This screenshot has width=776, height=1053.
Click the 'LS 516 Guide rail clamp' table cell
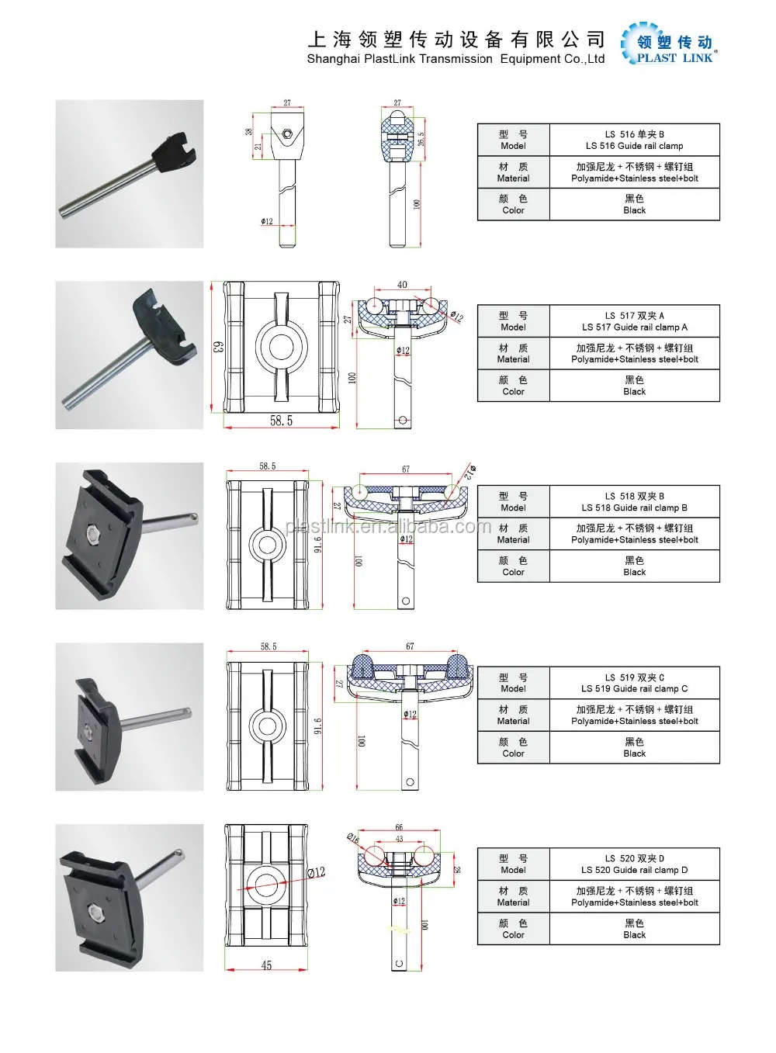click(634, 140)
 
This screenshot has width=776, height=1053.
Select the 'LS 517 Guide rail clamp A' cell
click(634, 321)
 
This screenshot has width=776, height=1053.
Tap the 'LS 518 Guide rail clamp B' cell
click(634, 502)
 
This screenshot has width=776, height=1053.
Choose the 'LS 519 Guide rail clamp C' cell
click(634, 683)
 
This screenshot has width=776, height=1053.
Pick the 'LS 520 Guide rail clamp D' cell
click(634, 864)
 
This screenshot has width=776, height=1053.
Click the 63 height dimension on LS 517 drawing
click(218, 347)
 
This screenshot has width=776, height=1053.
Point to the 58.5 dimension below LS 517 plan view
click(281, 421)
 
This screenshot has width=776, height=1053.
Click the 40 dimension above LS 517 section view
click(402, 285)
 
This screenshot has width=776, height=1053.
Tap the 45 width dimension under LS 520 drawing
click(266, 965)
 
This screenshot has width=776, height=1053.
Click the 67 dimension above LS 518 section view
click(406, 469)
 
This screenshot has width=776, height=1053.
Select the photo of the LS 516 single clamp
click(129, 174)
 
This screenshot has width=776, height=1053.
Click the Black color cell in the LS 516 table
click(634, 204)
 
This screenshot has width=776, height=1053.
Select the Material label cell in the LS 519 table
click(513, 715)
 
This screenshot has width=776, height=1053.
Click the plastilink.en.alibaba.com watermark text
click(388, 527)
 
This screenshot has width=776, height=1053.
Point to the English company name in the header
click(456, 59)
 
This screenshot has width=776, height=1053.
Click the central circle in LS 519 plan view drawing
click(268, 726)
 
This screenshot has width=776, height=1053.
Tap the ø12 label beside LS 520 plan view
click(316, 872)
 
